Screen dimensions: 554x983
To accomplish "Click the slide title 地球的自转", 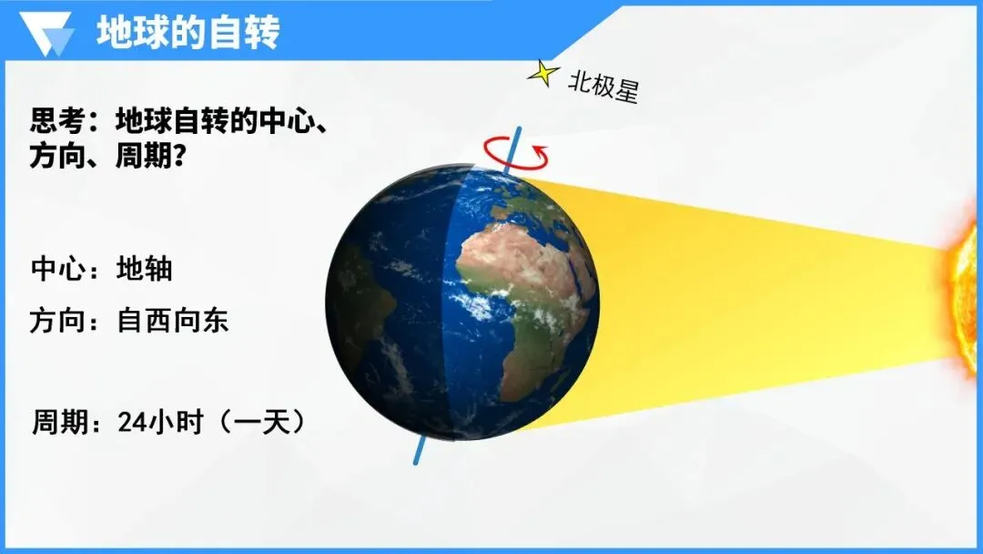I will click(188, 33).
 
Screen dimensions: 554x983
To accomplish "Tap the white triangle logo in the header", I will click(50, 35).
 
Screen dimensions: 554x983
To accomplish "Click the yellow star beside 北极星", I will click(543, 72).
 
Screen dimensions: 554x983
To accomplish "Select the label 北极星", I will click(603, 86).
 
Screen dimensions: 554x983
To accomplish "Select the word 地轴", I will click(145, 270).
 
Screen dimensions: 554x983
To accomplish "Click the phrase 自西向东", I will click(173, 322).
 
